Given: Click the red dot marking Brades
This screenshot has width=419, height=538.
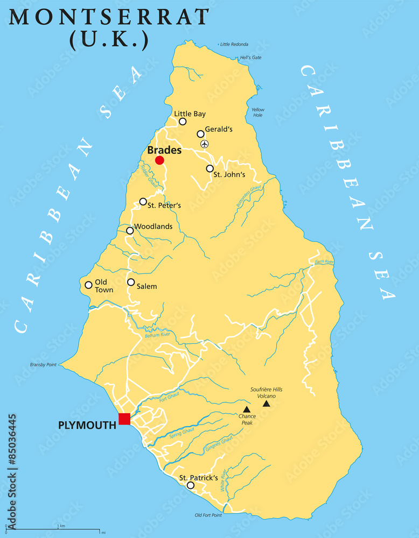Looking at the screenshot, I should [159, 160].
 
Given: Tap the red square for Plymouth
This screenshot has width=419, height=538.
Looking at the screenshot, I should [124, 419].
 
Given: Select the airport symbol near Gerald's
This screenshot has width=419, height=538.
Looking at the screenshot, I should [204, 144].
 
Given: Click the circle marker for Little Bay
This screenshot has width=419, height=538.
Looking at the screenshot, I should [183, 122].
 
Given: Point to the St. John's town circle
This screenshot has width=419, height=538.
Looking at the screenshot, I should [210, 168].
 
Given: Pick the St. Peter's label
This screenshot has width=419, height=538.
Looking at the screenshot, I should [164, 206].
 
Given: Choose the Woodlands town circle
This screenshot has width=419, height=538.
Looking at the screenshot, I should [130, 231].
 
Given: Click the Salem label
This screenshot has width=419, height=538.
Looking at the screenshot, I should [146, 286].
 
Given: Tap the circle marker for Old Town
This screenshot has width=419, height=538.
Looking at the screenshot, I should [88, 285].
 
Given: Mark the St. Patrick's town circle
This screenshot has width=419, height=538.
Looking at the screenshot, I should [190, 485].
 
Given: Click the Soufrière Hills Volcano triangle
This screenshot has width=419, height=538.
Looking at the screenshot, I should [266, 403].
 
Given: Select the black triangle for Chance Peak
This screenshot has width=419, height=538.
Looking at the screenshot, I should [246, 409].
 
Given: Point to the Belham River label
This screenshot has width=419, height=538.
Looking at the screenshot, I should [157, 335].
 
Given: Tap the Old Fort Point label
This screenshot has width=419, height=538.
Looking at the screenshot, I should [208, 515].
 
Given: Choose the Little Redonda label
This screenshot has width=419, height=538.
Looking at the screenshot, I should [233, 44].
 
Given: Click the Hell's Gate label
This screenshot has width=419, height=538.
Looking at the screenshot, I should [250, 58].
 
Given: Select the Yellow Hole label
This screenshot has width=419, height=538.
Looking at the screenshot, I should [258, 112].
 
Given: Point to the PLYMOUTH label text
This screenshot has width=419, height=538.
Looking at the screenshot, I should [87, 425].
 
